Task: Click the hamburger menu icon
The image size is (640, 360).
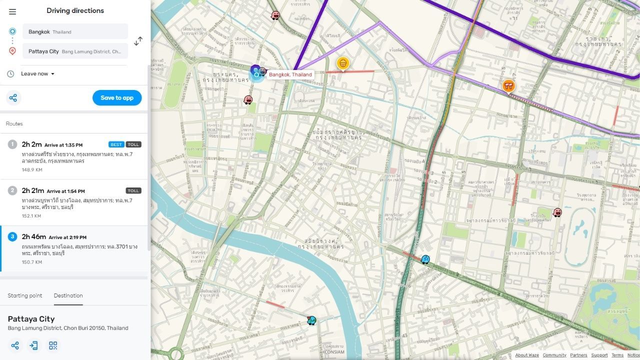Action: tap(12, 11)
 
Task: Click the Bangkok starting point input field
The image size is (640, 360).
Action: tap(75, 31)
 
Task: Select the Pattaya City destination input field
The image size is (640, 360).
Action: tap(75, 51)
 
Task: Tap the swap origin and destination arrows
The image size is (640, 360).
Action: tap(138, 40)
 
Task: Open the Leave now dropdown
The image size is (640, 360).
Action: tap(37, 73)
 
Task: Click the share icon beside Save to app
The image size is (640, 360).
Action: tap(13, 98)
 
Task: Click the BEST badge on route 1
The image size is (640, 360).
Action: tap(116, 144)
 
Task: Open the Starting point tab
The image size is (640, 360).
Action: tap(25, 295)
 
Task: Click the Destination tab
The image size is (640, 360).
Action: tap(68, 295)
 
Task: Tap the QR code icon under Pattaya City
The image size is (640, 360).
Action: tap(53, 345)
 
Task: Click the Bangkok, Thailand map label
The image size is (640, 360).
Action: tap(290, 74)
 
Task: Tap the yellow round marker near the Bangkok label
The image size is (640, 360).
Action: tap(342, 63)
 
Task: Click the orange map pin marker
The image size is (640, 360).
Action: tap(508, 86)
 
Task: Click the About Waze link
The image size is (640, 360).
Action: tap(527, 355)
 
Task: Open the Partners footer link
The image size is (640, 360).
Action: tap(578, 355)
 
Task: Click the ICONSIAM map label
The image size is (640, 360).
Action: tap(334, 352)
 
